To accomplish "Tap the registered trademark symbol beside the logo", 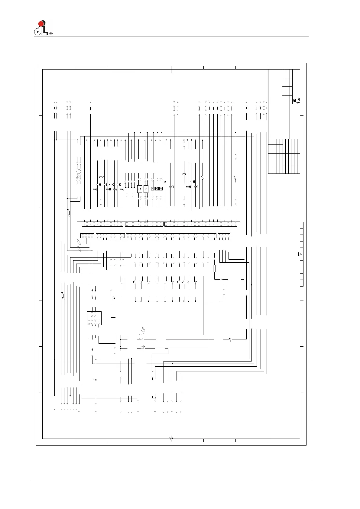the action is (51, 34).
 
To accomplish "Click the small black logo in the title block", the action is (296, 101).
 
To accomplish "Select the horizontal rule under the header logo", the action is (171, 37).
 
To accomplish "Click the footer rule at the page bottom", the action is (171, 481).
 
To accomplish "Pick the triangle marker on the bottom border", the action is (171, 438).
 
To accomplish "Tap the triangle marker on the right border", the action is (300, 254).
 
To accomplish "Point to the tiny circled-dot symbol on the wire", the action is (111, 290).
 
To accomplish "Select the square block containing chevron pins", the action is (94, 318).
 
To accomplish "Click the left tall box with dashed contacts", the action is (139, 189).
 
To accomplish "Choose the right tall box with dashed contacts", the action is (146, 189).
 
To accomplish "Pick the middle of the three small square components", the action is (157, 189).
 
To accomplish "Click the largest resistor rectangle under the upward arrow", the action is (214, 268).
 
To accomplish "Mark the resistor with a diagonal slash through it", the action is (63, 296).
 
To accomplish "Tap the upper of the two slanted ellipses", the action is (79, 242).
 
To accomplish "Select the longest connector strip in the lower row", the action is (171, 236).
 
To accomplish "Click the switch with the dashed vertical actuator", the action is (143, 332).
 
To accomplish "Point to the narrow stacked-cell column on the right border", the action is (301, 254).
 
